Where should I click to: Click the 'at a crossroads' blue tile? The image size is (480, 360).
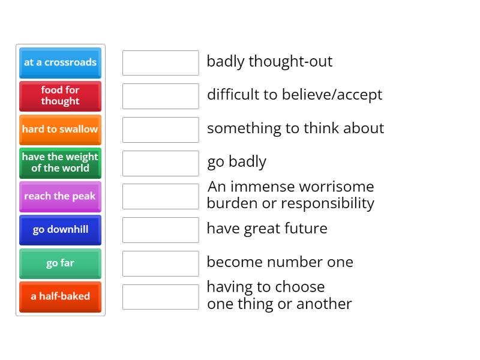coord(60,62)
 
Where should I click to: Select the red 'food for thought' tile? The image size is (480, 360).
coord(60,96)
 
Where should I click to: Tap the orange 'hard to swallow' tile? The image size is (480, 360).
coord(60,130)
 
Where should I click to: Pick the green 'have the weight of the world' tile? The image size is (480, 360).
coord(60,163)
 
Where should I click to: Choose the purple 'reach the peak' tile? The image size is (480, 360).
coord(60,196)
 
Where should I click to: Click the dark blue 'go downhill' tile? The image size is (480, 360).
coord(60,230)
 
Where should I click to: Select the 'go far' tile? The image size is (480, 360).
coord(60,263)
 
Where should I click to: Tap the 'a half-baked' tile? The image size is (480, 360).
coord(60,296)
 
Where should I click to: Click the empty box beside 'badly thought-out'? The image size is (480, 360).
coord(160,63)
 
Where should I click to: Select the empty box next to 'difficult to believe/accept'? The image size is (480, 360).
coord(160,96)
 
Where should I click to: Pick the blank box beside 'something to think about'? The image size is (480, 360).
coord(160,130)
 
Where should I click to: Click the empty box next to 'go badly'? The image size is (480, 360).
coord(160,163)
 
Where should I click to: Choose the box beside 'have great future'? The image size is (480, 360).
coord(160,230)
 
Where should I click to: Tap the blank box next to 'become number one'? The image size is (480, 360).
coord(160,263)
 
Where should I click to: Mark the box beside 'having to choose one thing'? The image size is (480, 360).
coord(160,296)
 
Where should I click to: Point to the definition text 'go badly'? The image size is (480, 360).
coord(236,162)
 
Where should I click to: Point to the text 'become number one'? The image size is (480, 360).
coord(280,262)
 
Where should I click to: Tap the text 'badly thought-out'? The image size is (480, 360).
coord(269,62)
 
